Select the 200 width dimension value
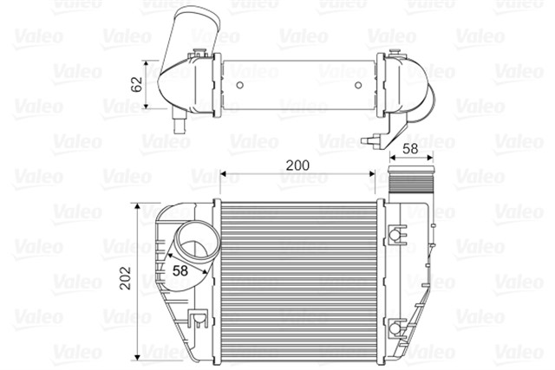tap(296, 164)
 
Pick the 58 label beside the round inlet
tap(180, 269)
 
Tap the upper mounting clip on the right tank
tap(396, 234)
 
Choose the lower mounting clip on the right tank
tap(396, 328)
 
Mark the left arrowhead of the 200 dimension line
tap(223, 174)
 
